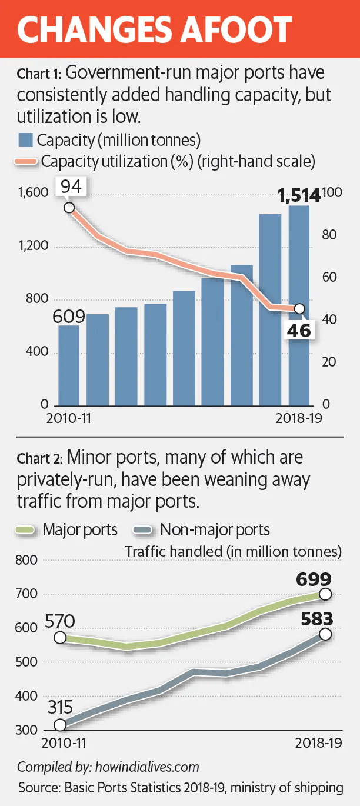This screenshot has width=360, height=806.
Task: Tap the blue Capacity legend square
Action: coord(25,141)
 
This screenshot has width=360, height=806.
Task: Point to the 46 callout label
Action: coord(298,330)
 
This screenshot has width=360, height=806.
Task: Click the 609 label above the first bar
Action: coord(69,317)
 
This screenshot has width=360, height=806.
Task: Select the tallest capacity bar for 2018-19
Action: coord(299,306)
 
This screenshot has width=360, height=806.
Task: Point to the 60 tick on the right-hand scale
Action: coord(329,277)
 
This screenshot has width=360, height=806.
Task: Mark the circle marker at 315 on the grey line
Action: coord(60,725)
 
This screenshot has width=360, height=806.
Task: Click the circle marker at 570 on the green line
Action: coord(60,638)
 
